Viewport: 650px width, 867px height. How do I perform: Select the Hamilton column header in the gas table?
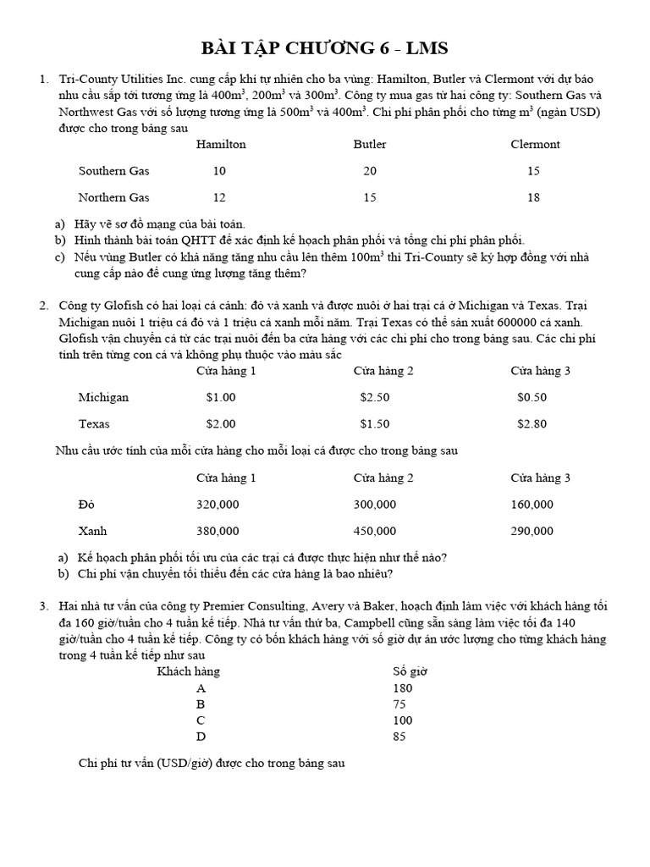(221, 144)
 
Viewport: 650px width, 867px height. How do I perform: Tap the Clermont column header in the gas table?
(535, 144)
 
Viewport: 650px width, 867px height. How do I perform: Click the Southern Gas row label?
(113, 171)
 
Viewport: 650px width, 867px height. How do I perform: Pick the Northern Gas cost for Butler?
(370, 197)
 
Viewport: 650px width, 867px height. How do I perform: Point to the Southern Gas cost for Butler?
(370, 171)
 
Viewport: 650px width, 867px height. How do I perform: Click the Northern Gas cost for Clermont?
(533, 197)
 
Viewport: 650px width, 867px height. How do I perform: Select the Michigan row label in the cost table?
(103, 397)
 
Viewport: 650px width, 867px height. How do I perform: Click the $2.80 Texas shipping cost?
(532, 423)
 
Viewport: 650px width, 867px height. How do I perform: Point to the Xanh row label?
(92, 531)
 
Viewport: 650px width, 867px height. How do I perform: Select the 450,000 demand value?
(374, 531)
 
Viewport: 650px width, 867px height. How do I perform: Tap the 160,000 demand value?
(532, 505)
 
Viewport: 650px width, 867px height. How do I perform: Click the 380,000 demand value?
(218, 531)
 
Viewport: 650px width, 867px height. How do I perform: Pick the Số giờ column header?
(410, 671)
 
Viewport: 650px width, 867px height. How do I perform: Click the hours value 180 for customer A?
(403, 688)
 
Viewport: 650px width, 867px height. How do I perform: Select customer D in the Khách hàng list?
(201, 737)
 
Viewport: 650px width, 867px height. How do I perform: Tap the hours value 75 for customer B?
(400, 704)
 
